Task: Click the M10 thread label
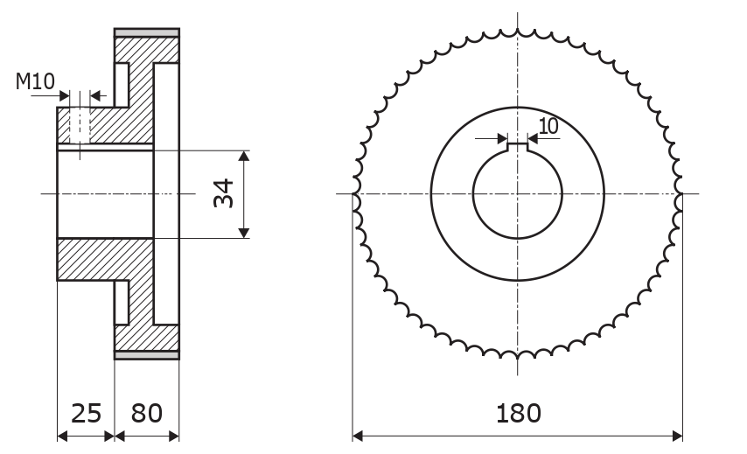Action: pos(35,81)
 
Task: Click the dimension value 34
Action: pos(223,193)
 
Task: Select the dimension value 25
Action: pos(87,413)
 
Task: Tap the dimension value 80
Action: pos(147,413)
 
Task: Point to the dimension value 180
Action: pos(519,413)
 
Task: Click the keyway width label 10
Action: pos(548,126)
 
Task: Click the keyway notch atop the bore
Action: pos(517,148)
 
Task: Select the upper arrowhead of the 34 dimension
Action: pos(244,157)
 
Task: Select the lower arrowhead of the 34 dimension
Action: pos(244,233)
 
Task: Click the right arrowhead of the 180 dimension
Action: pos(677,436)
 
